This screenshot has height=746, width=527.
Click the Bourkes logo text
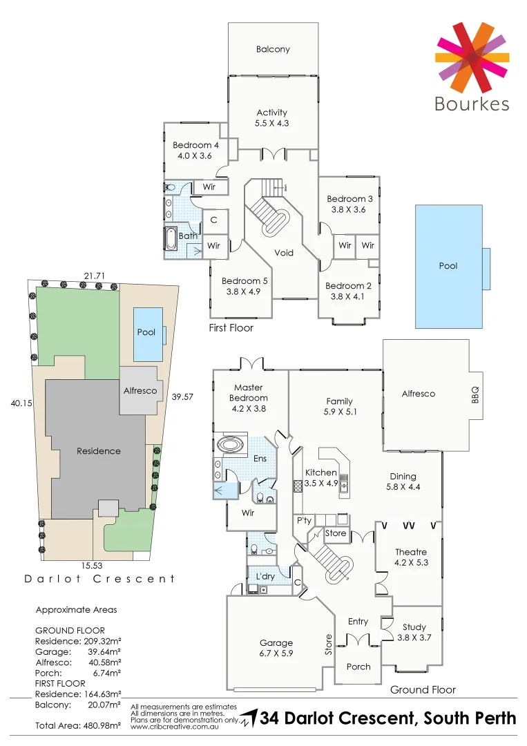click(472, 104)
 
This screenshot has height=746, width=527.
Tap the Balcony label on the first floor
click(273, 49)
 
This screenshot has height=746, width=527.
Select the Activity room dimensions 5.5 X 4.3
click(272, 123)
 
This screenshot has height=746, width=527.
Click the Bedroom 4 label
click(195, 145)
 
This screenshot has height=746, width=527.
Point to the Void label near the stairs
click(284, 253)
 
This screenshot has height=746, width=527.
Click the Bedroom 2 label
click(344, 286)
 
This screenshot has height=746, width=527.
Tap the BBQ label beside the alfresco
click(475, 394)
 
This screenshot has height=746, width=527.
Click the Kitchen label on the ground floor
click(321, 472)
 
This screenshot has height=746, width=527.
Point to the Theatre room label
click(411, 552)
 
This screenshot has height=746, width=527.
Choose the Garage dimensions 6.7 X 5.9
click(276, 653)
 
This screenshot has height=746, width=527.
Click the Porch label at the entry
click(358, 667)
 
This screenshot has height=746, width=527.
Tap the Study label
click(414, 627)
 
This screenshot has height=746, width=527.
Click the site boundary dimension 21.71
click(94, 276)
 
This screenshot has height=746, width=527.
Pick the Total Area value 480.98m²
click(97, 725)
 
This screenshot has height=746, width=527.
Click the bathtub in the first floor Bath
click(171, 239)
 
